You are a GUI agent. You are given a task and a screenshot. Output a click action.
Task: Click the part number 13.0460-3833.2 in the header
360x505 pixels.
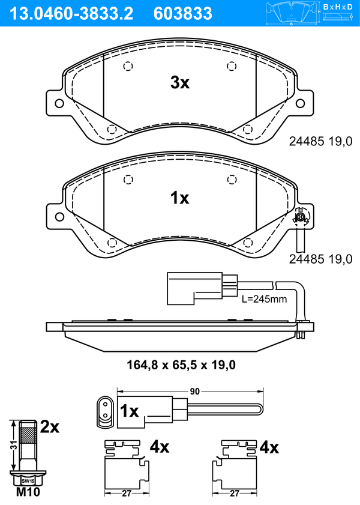(x=71, y=14)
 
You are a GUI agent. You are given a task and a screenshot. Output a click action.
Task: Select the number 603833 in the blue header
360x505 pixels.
(x=183, y=14)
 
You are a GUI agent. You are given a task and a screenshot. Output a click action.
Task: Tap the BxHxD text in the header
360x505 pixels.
(x=338, y=7)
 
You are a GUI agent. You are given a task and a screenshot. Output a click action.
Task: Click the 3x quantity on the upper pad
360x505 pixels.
(x=180, y=83)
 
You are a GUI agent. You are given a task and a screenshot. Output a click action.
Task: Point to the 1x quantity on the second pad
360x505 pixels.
(x=180, y=198)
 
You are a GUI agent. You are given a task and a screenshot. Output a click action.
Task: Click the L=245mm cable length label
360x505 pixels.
(x=264, y=299)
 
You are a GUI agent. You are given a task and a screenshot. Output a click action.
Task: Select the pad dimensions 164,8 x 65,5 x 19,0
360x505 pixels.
(x=181, y=365)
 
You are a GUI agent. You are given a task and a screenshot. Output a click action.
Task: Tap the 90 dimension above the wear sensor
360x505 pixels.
(x=194, y=392)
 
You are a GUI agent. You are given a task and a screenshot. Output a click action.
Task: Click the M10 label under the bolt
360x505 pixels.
(x=28, y=492)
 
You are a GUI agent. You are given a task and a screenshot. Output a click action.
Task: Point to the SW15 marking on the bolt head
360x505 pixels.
(x=28, y=481)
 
